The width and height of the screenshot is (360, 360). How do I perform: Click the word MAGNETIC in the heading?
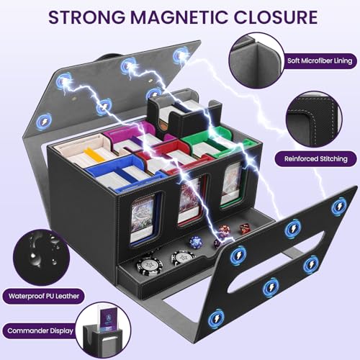point(179,17)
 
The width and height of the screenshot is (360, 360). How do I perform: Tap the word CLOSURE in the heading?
point(276,17)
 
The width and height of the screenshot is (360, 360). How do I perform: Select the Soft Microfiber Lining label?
point(320,60)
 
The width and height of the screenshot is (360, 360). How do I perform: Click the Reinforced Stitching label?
point(316,158)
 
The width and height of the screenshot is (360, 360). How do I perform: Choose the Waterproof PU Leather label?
point(44,296)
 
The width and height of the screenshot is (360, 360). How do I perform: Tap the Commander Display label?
point(40,330)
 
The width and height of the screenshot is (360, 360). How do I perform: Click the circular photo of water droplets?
point(41,257)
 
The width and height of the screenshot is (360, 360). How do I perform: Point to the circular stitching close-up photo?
point(314,120)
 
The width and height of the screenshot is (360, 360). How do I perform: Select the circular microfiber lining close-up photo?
point(256,60)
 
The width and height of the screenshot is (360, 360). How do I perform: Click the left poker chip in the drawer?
point(150,266)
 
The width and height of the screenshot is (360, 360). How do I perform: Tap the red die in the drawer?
point(245,228)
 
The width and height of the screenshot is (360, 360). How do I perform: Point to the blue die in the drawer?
point(196,242)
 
